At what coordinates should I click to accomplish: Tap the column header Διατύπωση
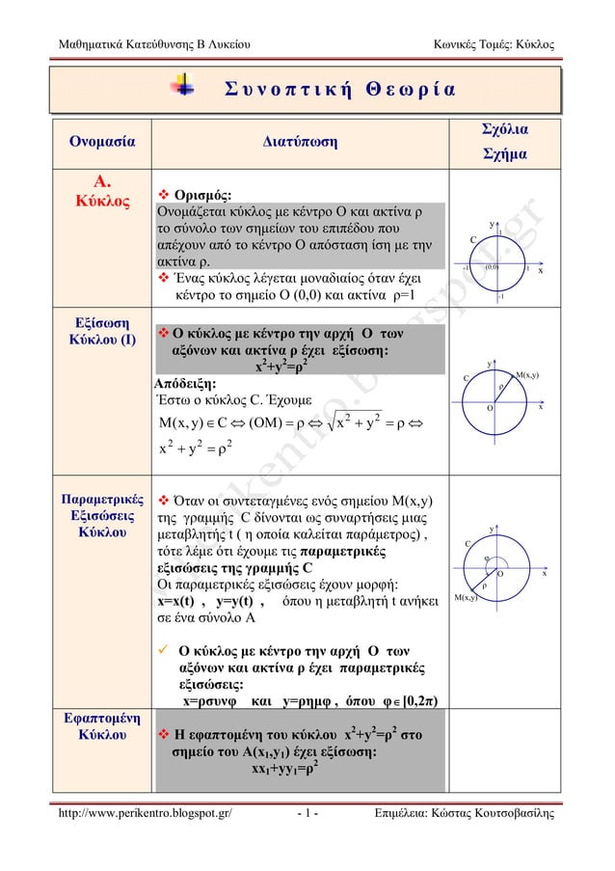pyautogui.click(x=300, y=143)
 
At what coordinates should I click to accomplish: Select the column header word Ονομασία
pyautogui.click(x=99, y=143)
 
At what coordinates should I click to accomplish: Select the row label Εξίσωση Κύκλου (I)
pyautogui.click(x=99, y=330)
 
